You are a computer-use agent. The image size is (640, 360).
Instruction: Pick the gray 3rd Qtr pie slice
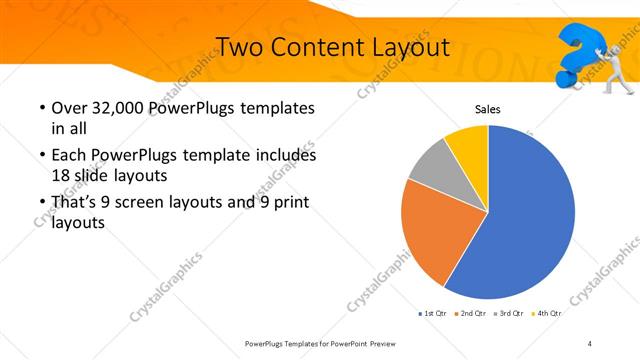pyautogui.click(x=430, y=165)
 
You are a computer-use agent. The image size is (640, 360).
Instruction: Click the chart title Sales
pyautogui.click(x=487, y=110)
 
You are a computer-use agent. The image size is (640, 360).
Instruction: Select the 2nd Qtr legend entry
pyautogui.click(x=472, y=313)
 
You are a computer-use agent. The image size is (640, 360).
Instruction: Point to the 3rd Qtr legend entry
pyautogui.click(x=510, y=313)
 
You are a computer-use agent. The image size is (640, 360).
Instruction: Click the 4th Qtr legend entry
pyautogui.click(x=547, y=313)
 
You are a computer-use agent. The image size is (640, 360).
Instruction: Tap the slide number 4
pyautogui.click(x=590, y=343)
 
